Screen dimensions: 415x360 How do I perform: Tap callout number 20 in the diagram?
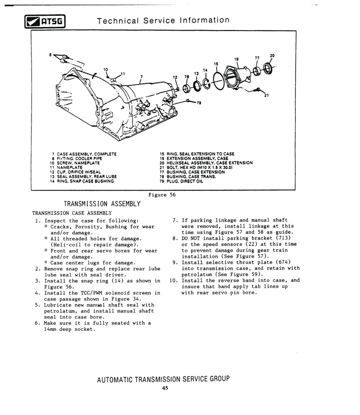pyautogui.click(x=272, y=56)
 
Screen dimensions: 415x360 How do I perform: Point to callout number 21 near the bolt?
pyautogui.click(x=266, y=95)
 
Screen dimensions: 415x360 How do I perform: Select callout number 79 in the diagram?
pyautogui.click(x=198, y=103)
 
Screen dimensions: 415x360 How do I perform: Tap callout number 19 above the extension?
pyautogui.click(x=236, y=59)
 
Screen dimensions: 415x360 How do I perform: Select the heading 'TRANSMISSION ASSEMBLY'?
pyautogui.click(x=102, y=204)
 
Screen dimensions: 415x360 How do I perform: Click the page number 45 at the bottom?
pyautogui.click(x=165, y=388)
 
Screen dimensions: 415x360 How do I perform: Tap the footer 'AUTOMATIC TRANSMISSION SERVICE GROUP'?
pyautogui.click(x=163, y=379)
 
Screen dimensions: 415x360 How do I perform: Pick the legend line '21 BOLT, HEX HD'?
pyautogui.click(x=198, y=167)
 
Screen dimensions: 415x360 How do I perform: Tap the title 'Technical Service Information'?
pyautogui.click(x=163, y=20)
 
